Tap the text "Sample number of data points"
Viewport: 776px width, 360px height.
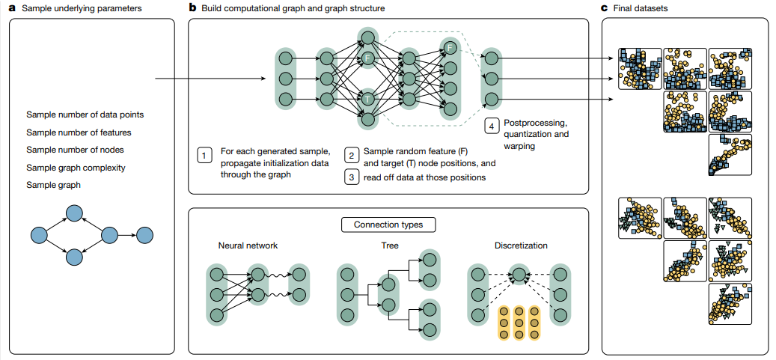coord(85,115)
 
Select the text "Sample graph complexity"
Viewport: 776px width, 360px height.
coord(76,168)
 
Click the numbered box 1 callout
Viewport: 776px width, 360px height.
coord(204,155)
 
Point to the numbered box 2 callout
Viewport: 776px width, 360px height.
coord(351,155)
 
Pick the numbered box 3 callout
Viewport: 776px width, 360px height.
coord(351,177)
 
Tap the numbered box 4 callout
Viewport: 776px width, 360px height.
coord(490,126)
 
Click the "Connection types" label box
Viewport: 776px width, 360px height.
coord(388,224)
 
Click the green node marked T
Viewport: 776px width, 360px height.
coord(367,98)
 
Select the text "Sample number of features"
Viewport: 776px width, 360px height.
coord(79,132)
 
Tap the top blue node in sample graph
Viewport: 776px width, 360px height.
coord(73,214)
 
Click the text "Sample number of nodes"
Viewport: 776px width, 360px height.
coord(76,150)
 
